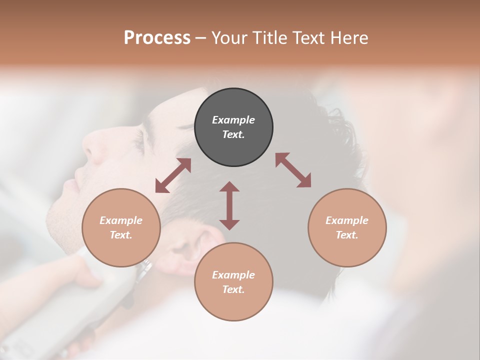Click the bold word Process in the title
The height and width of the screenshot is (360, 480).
click(157, 38)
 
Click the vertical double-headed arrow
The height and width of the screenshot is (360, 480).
click(229, 205)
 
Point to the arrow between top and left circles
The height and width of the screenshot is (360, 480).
click(173, 175)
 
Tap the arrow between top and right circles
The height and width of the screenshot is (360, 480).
click(293, 170)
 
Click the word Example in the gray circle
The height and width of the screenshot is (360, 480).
click(233, 120)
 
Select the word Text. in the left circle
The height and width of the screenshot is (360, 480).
click(121, 235)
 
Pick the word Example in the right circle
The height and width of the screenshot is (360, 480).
click(347, 220)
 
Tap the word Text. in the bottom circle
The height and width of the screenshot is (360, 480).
click(233, 289)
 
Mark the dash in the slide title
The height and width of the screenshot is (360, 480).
click(200, 38)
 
